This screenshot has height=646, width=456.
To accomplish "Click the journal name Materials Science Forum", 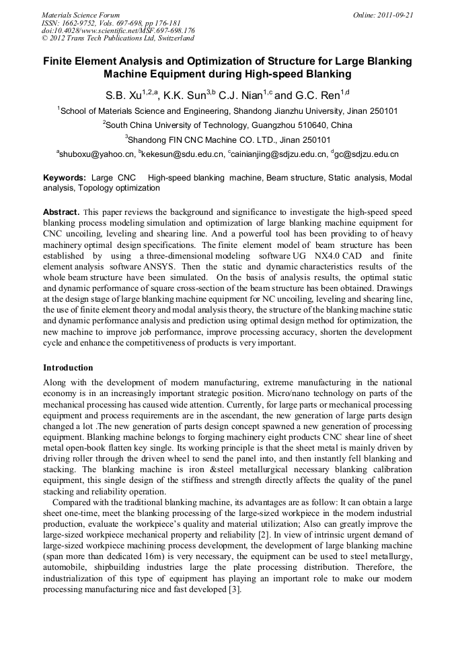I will pos(81,15).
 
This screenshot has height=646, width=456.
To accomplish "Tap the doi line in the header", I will pos(118,30).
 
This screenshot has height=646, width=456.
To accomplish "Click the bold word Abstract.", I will pos(61,212).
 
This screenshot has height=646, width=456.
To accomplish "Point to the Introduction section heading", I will pos(68,368).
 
